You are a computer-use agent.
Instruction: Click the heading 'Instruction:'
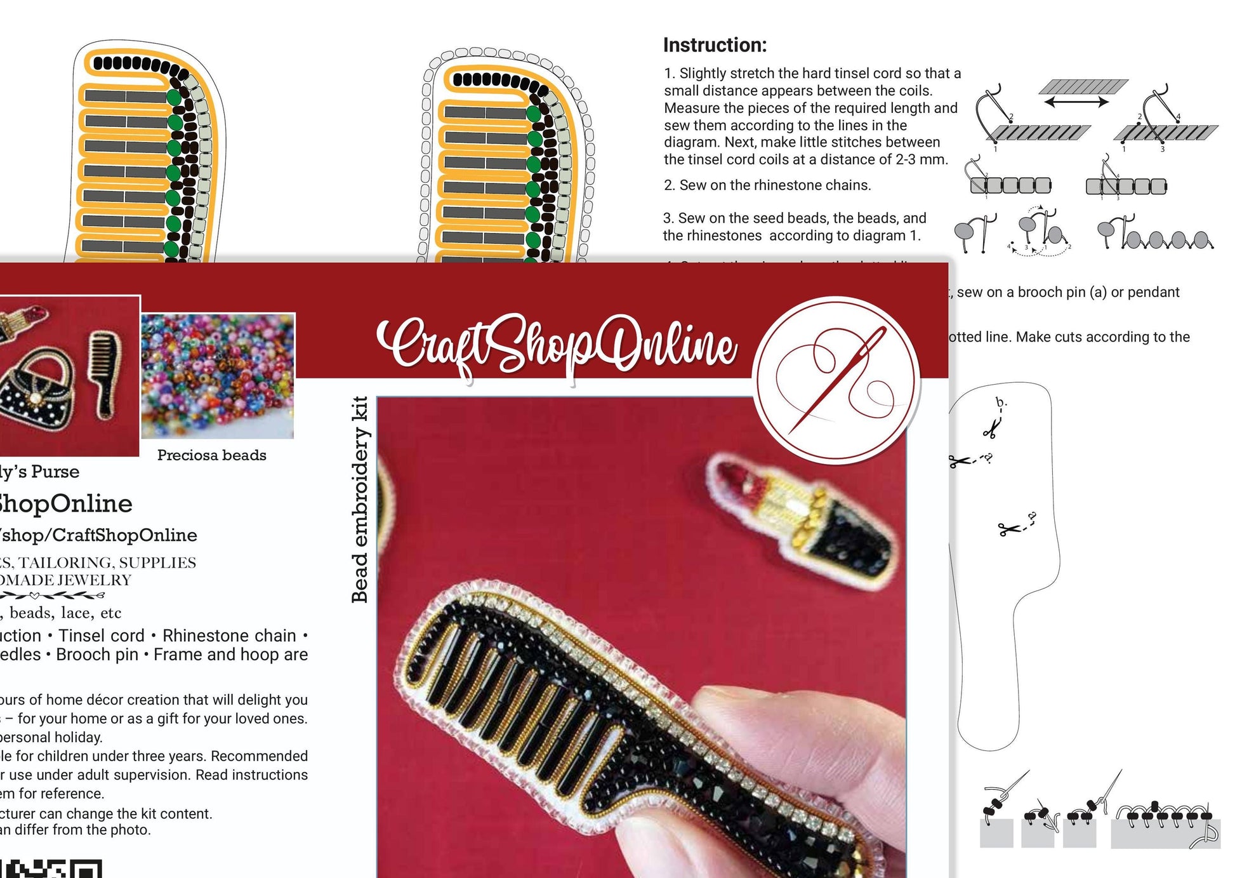coord(715,45)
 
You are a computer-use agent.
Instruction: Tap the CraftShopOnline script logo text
coord(557,346)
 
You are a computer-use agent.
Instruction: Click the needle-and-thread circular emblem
coord(836,380)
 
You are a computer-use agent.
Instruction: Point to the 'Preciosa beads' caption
coord(211,455)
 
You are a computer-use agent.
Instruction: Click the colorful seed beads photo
coord(218,375)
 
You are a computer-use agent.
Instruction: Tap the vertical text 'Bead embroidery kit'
coord(360,499)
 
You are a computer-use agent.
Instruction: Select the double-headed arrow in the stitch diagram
coord(1076,102)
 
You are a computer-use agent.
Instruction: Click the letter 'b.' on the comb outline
coord(1001,402)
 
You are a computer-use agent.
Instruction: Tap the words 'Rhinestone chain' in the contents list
coord(229,635)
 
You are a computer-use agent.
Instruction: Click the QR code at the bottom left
coord(51,868)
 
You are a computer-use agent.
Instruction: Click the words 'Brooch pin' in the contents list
coord(97,655)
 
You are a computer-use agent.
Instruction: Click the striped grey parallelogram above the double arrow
coord(1084,86)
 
